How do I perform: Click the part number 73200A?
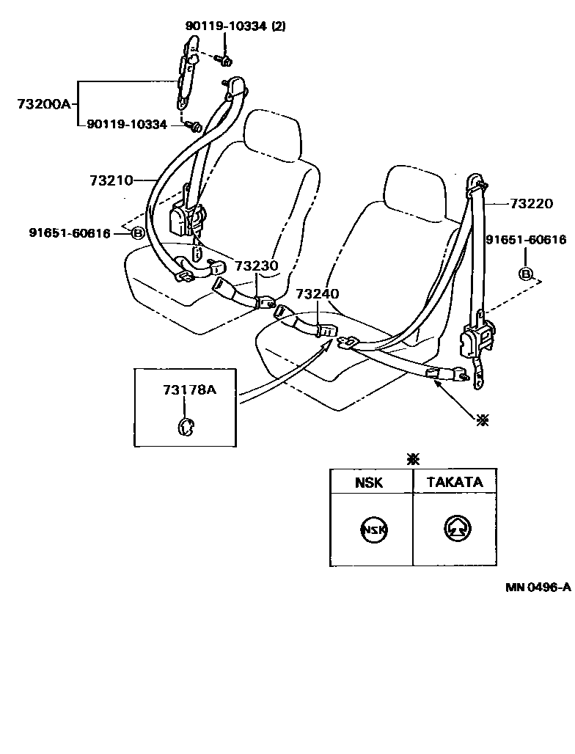43,103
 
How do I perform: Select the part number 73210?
111,180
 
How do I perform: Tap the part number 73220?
531,204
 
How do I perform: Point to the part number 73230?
257,266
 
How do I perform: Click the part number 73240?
317,294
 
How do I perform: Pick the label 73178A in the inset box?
189,389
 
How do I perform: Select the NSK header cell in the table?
371,482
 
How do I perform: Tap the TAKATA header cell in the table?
455,482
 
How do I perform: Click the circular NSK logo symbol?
373,530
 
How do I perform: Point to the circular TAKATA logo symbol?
458,529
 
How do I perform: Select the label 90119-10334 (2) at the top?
235,26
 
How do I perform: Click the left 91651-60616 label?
70,233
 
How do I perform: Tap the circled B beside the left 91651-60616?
137,233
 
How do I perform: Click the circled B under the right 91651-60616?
526,274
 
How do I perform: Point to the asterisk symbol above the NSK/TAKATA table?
414,459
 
